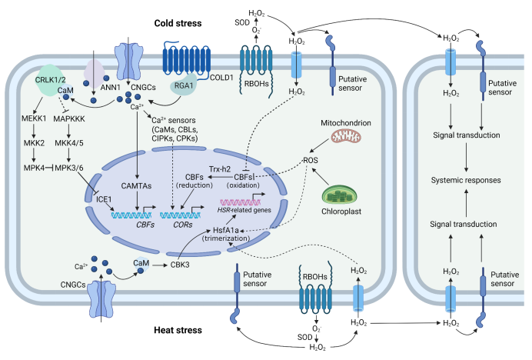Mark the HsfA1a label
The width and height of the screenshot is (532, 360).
[x=235, y=231]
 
